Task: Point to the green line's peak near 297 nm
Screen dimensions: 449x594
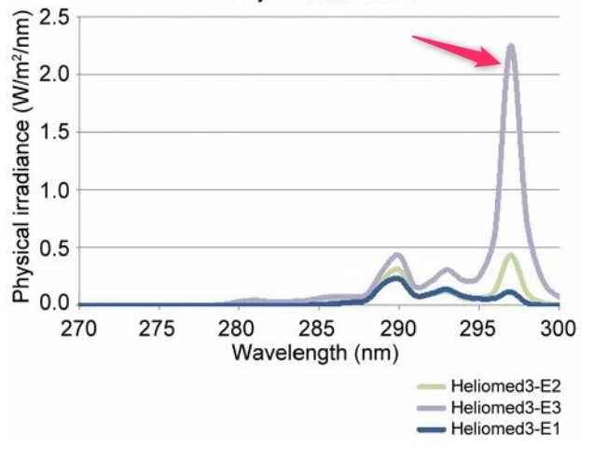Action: [510, 255]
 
